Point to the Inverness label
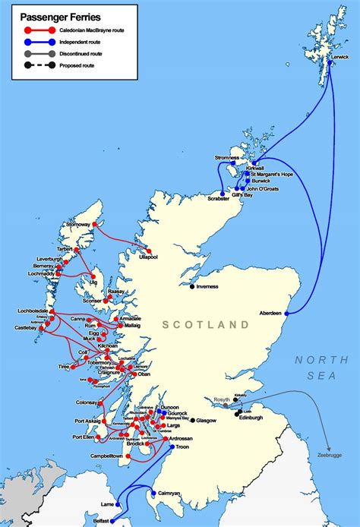(207, 286)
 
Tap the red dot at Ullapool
(149, 251)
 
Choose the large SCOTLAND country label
(205, 324)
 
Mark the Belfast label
(97, 522)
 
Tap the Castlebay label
(19, 328)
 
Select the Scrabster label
(218, 199)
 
